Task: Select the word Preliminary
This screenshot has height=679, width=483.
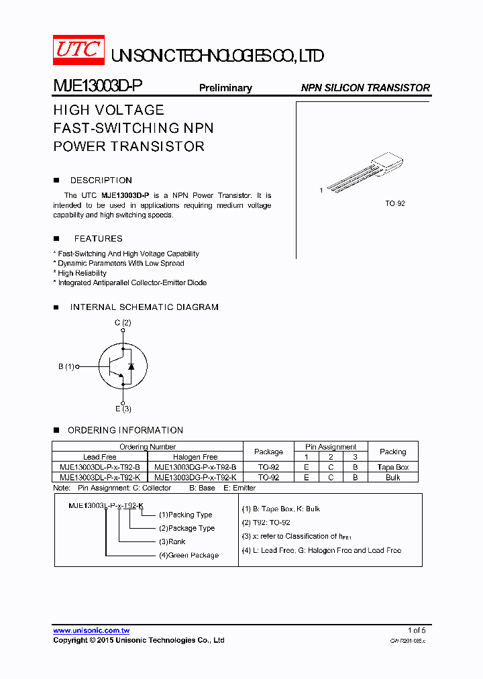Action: pos(225,88)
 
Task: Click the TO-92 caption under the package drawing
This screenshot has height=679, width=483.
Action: pos(395,203)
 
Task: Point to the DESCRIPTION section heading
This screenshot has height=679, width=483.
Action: pos(101,180)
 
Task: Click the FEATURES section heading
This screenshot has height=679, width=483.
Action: pos(98,239)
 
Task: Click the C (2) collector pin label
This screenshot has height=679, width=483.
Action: pos(122,323)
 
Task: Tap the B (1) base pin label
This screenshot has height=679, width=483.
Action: pos(66,366)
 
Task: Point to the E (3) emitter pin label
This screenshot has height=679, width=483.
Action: pos(122,409)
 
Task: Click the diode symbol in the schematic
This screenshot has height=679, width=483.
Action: pos(131,366)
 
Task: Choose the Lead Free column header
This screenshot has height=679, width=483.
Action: pos(100,457)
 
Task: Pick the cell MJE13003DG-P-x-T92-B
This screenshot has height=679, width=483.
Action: pos(195,467)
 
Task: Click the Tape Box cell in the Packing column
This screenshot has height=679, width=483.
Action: pos(392,467)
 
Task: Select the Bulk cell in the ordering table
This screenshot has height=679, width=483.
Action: pos(392,477)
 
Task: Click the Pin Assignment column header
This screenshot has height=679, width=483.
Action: pos(331,447)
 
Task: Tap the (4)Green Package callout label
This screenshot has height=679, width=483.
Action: pos(189,555)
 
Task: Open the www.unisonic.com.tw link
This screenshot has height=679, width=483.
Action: pos(91,631)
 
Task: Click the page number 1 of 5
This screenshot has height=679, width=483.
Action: pos(417,630)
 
